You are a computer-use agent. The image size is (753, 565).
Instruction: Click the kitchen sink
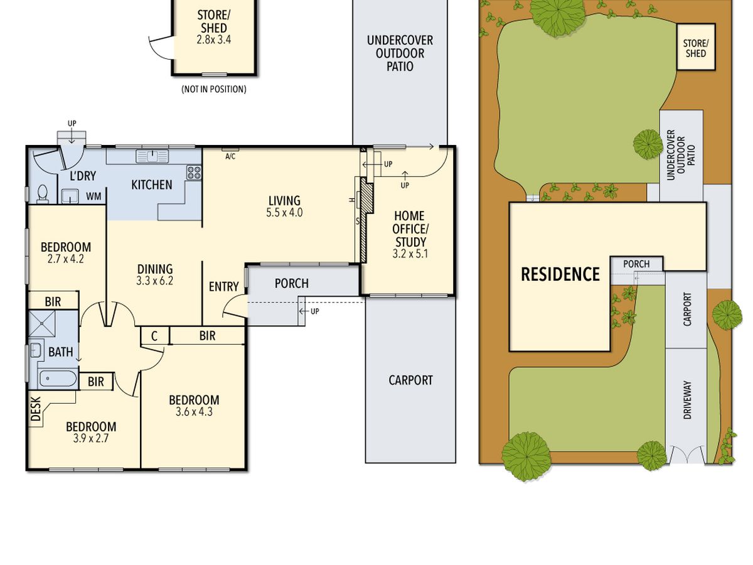(x=152, y=156)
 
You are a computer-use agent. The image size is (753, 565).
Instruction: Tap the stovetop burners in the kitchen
(x=194, y=172)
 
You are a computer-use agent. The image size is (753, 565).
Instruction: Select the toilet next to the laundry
(x=43, y=193)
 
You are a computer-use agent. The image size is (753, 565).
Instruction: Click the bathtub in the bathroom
(x=58, y=379)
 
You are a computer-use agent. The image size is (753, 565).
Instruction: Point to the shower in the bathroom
(x=41, y=323)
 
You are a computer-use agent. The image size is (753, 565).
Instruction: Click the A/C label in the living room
(x=230, y=157)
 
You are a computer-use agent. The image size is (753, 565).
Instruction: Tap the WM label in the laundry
(x=93, y=196)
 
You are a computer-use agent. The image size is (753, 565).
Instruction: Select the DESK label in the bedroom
(x=36, y=409)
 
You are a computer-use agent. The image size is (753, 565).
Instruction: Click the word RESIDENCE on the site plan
(x=560, y=274)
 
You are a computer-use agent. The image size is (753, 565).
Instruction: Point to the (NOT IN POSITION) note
(x=214, y=90)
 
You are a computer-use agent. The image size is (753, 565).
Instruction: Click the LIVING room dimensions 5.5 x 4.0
(x=284, y=213)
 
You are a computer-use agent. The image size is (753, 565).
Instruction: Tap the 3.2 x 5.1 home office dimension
(x=410, y=254)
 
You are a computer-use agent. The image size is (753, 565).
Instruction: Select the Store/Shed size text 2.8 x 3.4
(x=214, y=40)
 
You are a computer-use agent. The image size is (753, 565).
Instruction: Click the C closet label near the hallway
(x=154, y=336)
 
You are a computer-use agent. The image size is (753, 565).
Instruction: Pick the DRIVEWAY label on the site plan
(x=687, y=400)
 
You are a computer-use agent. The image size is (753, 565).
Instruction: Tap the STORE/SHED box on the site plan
(x=695, y=46)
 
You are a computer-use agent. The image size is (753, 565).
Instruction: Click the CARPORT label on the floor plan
(x=410, y=380)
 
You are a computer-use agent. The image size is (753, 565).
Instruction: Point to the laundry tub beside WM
(x=70, y=196)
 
